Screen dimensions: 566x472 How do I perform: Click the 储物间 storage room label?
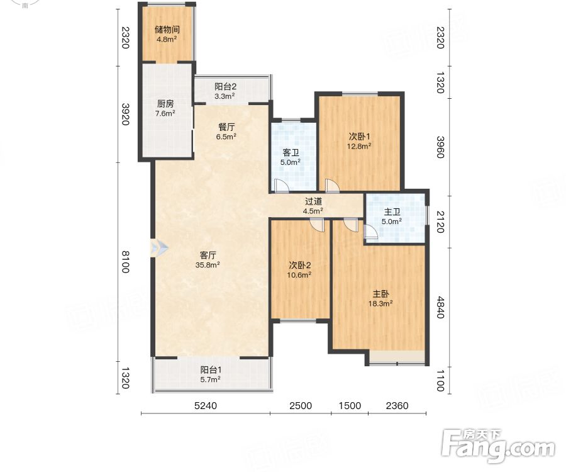(x=167, y=30)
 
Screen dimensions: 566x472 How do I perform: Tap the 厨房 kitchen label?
(x=165, y=104)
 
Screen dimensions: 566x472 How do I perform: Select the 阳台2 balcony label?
(x=225, y=87)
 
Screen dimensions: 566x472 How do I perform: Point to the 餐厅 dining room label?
(x=226, y=127)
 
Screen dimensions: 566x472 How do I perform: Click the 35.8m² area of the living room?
(x=208, y=265)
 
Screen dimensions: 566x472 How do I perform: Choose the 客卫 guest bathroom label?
(x=291, y=153)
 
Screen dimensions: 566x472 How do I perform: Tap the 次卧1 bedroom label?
(x=359, y=137)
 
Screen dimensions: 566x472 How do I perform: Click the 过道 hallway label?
(x=313, y=201)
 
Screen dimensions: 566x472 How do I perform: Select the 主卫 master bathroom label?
(x=392, y=212)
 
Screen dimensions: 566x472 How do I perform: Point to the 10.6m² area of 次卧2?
(x=299, y=275)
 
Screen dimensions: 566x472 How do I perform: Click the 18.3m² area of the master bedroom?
(x=380, y=304)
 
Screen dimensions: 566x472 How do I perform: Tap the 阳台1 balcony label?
(x=211, y=370)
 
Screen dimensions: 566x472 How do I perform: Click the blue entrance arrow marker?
(x=159, y=248)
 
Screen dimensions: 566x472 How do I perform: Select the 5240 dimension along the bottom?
(x=206, y=405)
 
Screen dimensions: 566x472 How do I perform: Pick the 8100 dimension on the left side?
(x=125, y=262)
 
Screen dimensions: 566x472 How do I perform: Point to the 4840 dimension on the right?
(x=440, y=307)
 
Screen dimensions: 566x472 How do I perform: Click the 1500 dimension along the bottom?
(x=350, y=405)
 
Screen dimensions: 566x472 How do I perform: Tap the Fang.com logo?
(x=498, y=446)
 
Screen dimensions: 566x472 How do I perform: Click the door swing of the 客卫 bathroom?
(x=281, y=184)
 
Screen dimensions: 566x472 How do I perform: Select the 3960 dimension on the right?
(x=440, y=147)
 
